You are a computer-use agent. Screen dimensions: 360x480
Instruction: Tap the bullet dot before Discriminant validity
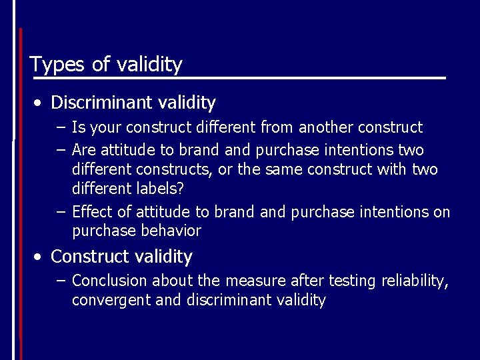(x=41, y=103)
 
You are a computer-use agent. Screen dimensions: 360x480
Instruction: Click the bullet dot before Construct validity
(x=41, y=257)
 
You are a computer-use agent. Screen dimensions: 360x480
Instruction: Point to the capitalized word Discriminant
(x=102, y=103)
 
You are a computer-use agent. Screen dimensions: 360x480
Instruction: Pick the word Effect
(x=93, y=212)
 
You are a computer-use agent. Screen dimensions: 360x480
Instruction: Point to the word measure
(x=253, y=281)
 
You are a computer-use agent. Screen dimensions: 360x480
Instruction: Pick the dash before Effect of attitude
(x=61, y=212)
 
